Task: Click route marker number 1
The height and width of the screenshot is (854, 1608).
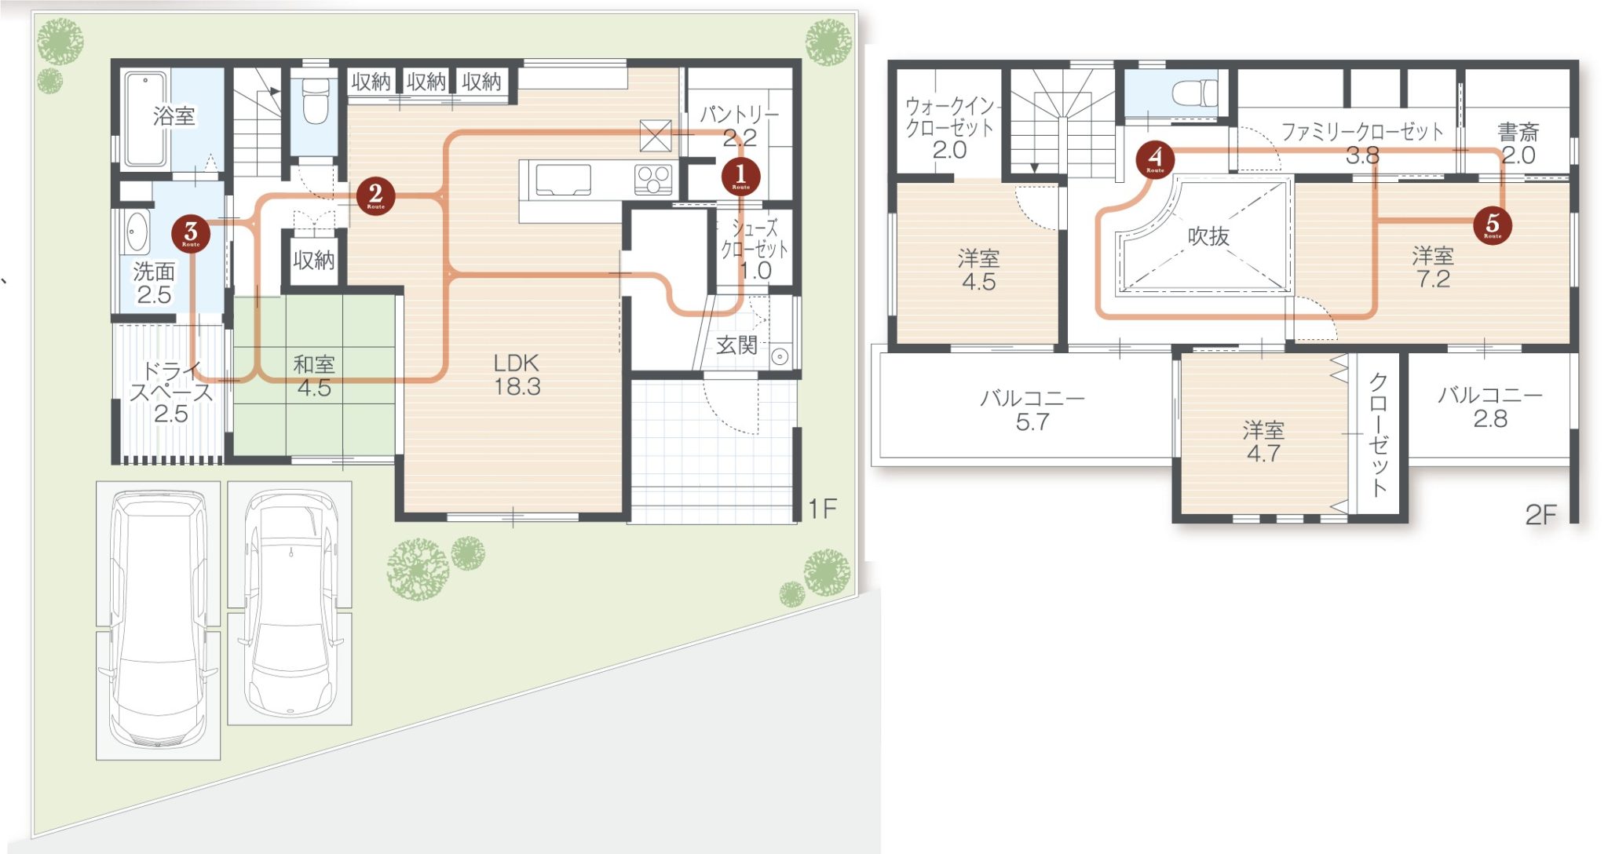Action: tap(740, 176)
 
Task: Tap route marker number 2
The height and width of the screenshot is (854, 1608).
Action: tap(375, 195)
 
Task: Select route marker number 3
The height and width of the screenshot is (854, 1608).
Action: tap(191, 234)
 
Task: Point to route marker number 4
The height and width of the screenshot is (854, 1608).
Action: tap(1155, 159)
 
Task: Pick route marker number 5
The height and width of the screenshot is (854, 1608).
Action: tap(1493, 225)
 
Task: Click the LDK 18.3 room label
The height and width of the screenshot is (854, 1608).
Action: tap(517, 374)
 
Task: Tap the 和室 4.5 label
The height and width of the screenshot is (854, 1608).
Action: tap(314, 376)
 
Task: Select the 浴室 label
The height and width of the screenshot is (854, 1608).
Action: tap(174, 116)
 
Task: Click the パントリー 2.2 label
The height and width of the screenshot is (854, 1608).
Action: tap(739, 126)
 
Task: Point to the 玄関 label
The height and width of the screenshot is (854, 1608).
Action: tap(736, 345)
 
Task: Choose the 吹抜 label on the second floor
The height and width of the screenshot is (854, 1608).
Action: tap(1208, 235)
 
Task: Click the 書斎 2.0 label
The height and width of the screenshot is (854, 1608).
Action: tap(1518, 144)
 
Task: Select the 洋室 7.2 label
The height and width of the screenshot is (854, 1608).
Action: tap(1433, 268)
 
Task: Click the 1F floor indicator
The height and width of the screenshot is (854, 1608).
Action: tap(823, 509)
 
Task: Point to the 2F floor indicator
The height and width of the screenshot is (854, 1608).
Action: tap(1540, 515)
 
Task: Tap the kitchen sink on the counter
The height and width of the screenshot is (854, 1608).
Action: tap(563, 180)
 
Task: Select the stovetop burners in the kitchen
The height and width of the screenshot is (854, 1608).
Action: tap(654, 180)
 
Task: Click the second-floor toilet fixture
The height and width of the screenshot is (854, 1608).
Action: tap(1194, 93)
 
